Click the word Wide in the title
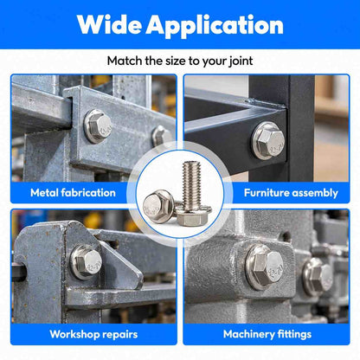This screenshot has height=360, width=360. coord(110,25)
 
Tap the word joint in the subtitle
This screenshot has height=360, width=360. coord(241,61)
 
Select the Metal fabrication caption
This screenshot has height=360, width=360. coord(73,193)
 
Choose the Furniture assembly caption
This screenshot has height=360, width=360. coord(291,193)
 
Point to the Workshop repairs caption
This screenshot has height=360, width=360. coord(93,334)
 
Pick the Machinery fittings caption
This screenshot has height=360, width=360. coord(267,334)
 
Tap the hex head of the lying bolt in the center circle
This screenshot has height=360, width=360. coord(154,204)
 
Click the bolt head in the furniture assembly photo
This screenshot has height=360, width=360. coord(269,141)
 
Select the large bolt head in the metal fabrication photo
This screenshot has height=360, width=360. coord(98,126)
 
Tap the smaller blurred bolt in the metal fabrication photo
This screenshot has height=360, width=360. coord(162,136)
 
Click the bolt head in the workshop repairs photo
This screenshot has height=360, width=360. coord(87,261)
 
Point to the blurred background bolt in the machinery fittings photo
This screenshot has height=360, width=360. coord(318,276)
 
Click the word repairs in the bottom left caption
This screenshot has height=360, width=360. coord(120,335)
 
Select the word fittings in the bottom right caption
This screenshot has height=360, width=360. coord(294,335)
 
